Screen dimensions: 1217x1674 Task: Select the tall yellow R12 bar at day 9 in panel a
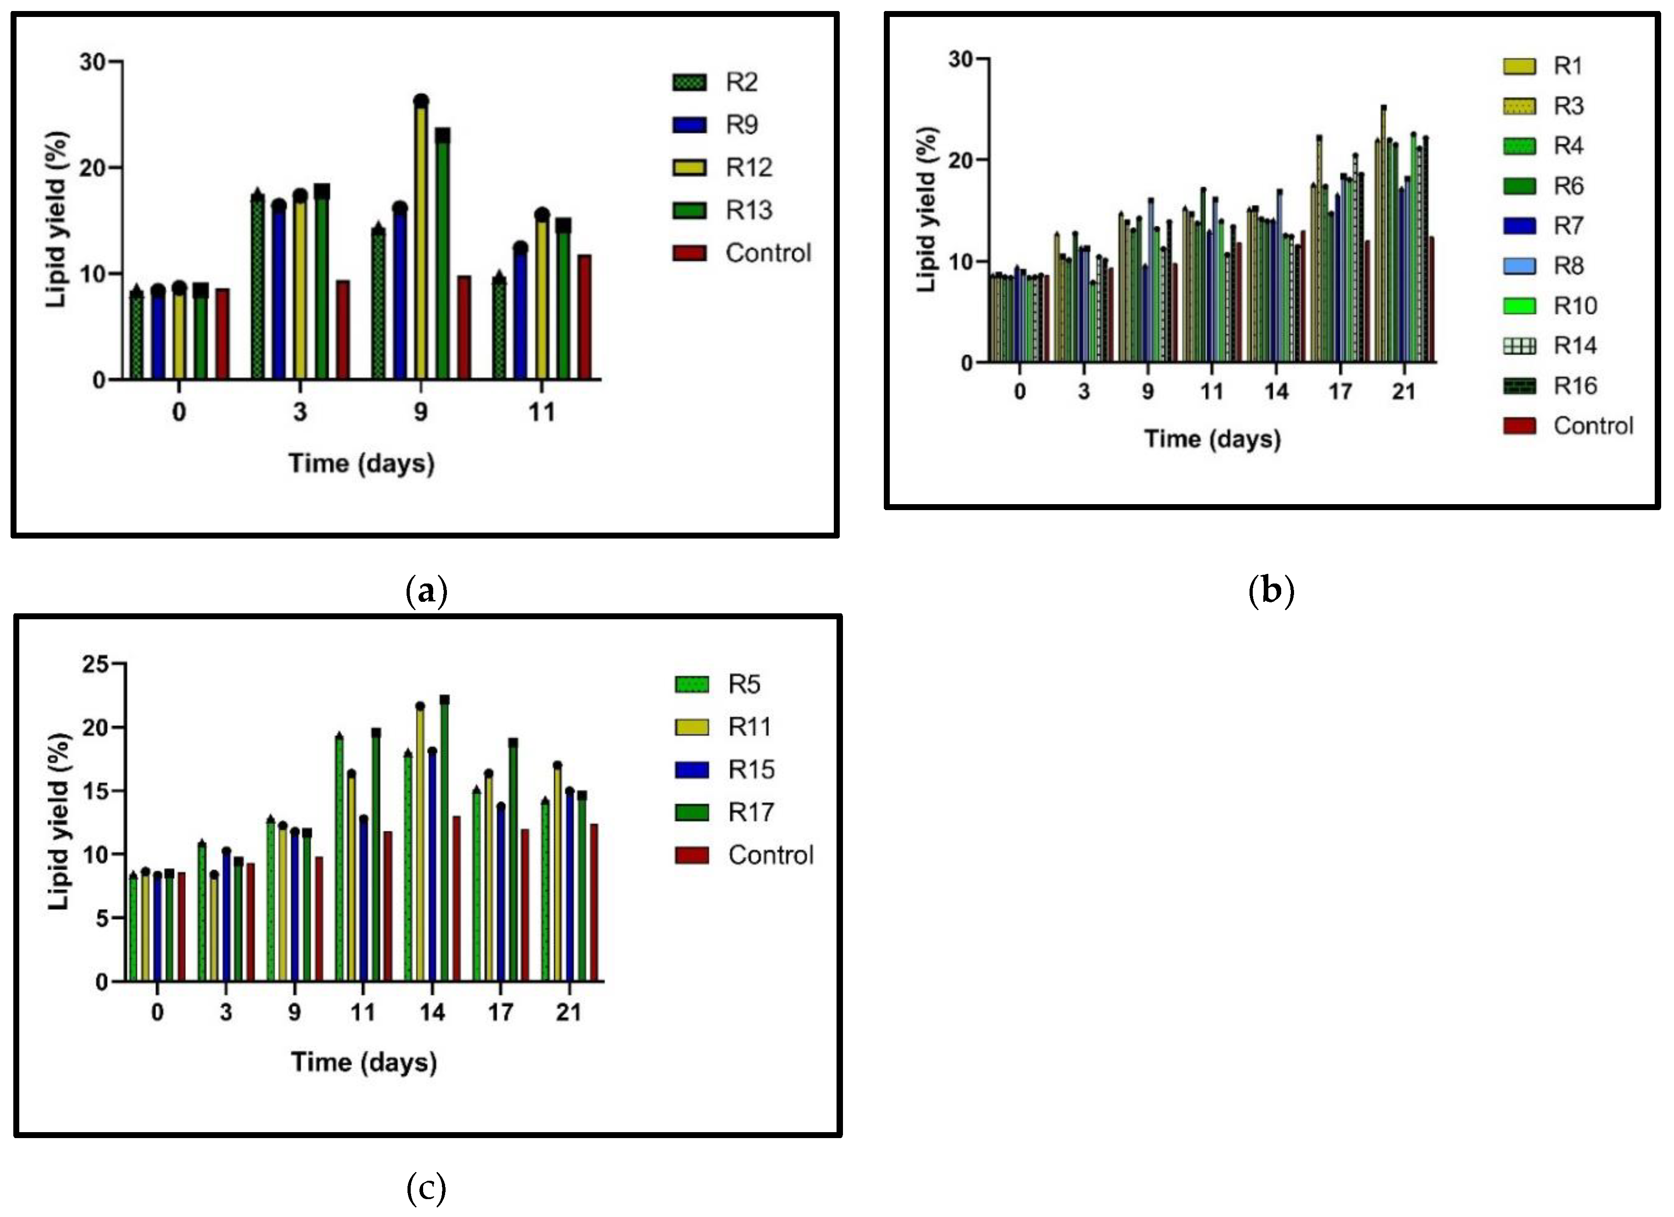click(421, 244)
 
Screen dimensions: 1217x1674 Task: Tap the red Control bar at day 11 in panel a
click(585, 317)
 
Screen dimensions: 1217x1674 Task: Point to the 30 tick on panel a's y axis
click(92, 62)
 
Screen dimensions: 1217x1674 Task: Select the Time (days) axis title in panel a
click(361, 463)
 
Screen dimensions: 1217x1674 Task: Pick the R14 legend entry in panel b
click(1574, 345)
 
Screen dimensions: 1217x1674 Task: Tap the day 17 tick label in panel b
click(1339, 392)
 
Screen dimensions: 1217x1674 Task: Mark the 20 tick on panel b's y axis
click(960, 160)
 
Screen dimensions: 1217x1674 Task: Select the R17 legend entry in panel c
click(751, 812)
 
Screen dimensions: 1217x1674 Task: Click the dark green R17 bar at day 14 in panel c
click(444, 841)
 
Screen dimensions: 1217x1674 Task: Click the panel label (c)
click(427, 1188)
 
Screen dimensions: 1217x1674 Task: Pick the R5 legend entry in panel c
click(744, 684)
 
